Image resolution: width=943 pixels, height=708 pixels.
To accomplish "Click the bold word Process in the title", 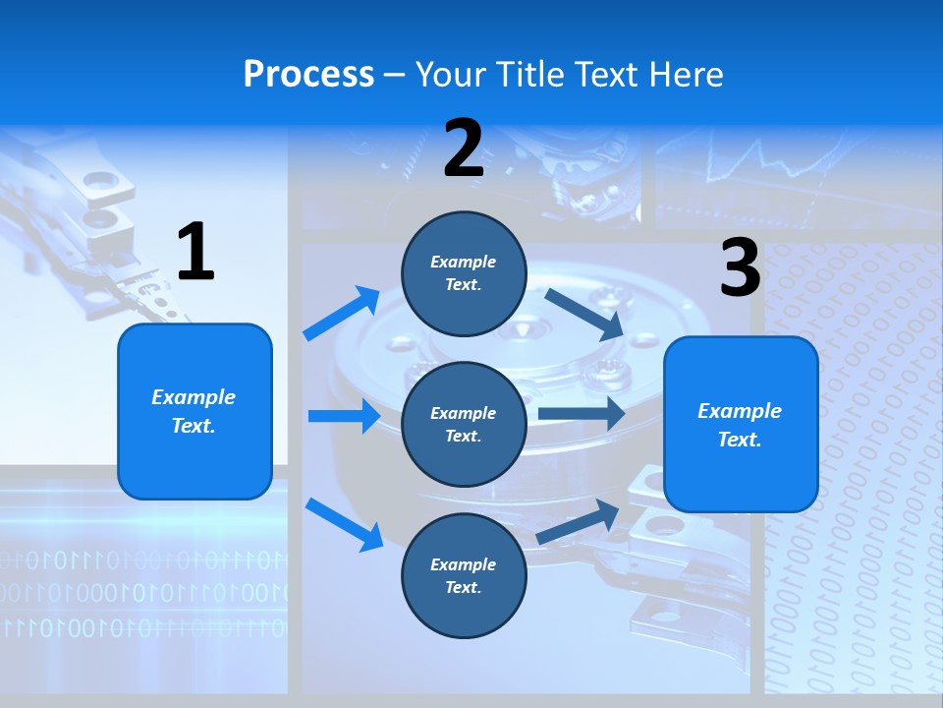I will pyautogui.click(x=308, y=74).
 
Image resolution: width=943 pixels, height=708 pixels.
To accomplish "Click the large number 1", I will pyautogui.click(x=195, y=253).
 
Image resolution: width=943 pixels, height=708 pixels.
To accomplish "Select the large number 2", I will pyautogui.click(x=464, y=148).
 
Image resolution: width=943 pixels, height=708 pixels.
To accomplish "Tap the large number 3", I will pyautogui.click(x=740, y=268).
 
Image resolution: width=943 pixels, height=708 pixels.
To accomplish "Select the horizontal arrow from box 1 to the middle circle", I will pyautogui.click(x=344, y=416).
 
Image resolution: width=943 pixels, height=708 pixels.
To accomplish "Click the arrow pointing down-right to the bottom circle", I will pyautogui.click(x=344, y=523).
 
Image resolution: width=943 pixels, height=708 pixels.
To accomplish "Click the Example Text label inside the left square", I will pyautogui.click(x=194, y=411).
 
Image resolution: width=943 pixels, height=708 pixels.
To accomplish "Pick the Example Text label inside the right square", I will pyautogui.click(x=740, y=425).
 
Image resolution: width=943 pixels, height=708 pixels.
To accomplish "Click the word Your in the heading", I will pyautogui.click(x=450, y=74).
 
